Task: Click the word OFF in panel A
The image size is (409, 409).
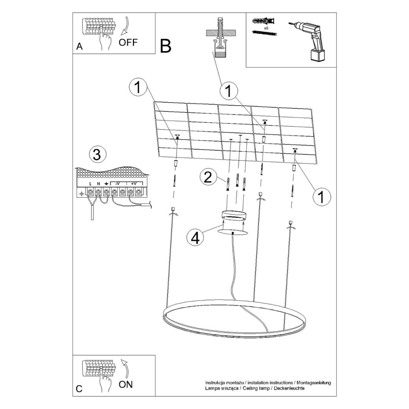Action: click(x=128, y=42)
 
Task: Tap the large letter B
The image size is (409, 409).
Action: click(x=165, y=46)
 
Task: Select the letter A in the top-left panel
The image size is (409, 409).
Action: click(x=80, y=47)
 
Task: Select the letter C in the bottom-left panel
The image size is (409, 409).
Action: click(x=79, y=389)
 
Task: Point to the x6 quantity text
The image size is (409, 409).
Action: click(x=266, y=28)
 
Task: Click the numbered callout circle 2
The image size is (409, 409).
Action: click(x=207, y=177)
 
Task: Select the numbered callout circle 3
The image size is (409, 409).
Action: click(x=97, y=155)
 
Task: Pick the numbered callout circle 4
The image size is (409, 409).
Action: click(x=195, y=237)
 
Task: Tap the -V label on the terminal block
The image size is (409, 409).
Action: click(x=118, y=184)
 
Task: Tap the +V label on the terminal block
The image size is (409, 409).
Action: click(x=134, y=184)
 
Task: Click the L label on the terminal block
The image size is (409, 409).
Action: click(x=91, y=184)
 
